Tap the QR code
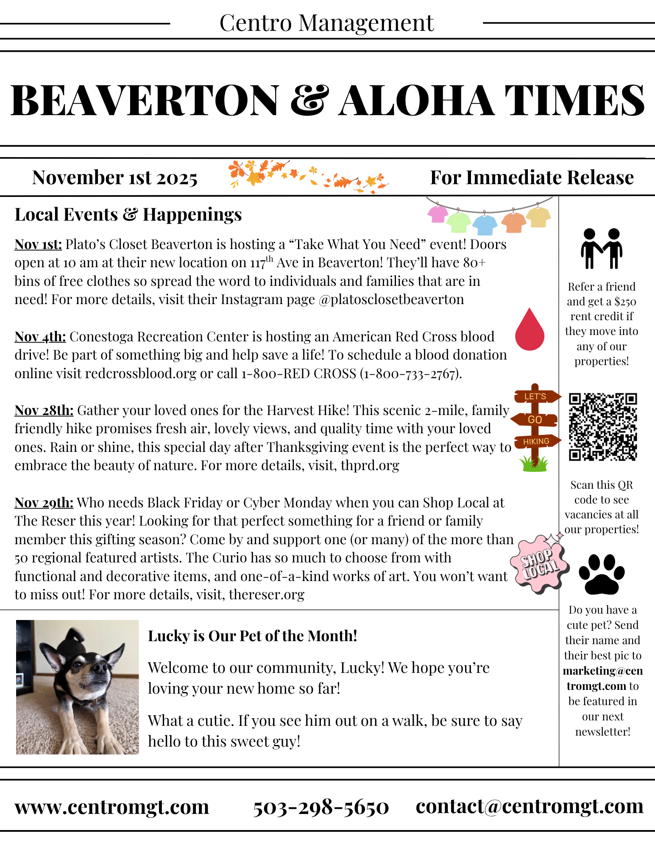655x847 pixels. point(603,426)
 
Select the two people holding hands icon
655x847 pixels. point(602,249)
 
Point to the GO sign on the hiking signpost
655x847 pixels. point(535,420)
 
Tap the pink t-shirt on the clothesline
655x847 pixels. point(438,214)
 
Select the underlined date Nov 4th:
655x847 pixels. point(40,337)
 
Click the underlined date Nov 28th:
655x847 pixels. point(44,410)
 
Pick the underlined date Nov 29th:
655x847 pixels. point(44,503)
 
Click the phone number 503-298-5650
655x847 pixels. point(321,807)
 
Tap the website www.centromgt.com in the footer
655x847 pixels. point(112,807)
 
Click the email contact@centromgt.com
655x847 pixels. point(530,806)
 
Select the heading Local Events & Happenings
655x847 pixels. point(128,215)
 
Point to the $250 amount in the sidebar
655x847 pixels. point(625,302)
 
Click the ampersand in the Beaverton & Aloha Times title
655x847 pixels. point(310,100)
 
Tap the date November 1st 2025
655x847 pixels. point(115,178)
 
